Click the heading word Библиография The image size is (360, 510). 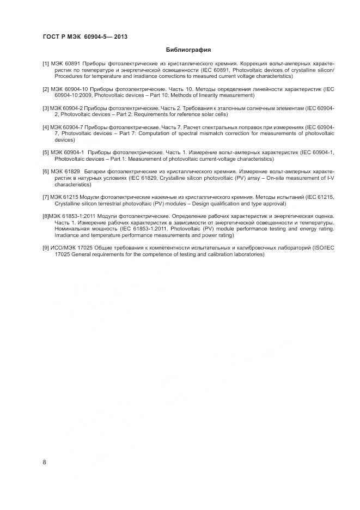(x=188, y=50)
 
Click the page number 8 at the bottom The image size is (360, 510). (x=45, y=462)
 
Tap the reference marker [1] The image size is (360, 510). (x=46, y=64)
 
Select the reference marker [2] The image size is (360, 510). (x=46, y=88)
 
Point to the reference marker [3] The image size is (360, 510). (x=46, y=108)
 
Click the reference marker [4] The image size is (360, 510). (x=46, y=127)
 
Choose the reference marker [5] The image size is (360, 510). (x=46, y=153)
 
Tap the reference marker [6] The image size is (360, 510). (x=46, y=172)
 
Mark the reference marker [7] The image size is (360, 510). (x=46, y=197)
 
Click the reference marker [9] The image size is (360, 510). (x=46, y=248)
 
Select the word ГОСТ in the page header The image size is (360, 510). (x=51, y=37)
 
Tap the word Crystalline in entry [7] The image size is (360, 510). (x=68, y=203)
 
